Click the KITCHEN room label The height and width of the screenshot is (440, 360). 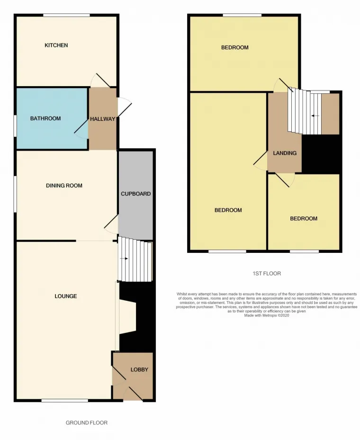56,45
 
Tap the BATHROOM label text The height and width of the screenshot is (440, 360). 45,118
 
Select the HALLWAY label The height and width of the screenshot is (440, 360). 103,119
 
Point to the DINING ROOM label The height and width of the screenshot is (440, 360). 64,186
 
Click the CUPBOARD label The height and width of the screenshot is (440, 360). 136,194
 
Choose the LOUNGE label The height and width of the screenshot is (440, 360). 65,296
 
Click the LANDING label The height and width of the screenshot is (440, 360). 285,153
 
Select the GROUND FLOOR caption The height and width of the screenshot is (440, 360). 87,422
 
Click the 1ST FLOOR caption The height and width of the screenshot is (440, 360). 266,273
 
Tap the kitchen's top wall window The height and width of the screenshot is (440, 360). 66,15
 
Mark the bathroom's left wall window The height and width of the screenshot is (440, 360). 15,126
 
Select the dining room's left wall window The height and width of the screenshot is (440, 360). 15,194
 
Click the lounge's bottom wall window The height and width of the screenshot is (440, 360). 64,401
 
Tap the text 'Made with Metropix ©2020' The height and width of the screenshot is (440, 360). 266,315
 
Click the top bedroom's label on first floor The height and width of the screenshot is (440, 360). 234,48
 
